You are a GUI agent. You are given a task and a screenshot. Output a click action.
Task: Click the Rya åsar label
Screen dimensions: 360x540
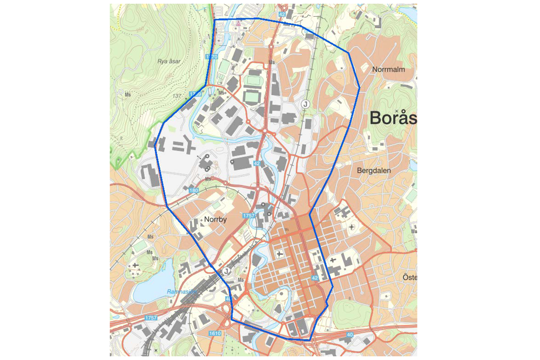tap(168, 61)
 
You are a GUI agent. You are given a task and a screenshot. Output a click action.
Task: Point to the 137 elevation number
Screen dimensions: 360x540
tap(176, 96)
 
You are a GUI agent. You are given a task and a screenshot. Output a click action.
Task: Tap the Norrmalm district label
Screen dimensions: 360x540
tap(388, 70)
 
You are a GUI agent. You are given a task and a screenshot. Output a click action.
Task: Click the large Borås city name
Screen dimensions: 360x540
tap(393, 118)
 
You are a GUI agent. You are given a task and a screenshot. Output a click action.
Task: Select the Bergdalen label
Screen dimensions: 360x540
tap(374, 171)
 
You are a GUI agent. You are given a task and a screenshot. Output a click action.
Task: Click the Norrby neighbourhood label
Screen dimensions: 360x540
tap(215, 220)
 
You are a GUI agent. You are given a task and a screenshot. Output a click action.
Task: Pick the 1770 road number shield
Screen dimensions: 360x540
tap(211, 57)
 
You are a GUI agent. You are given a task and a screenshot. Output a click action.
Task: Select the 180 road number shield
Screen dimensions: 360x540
tap(194, 191)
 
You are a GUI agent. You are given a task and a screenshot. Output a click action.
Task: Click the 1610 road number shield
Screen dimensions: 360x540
tap(215, 334)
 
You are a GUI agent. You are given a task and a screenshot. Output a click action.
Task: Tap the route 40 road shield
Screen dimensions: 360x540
tap(349, 335)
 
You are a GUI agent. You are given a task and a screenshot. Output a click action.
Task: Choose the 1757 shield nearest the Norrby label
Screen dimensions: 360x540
tap(248, 216)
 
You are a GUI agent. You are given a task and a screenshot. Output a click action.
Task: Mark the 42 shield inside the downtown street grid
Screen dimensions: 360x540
tap(315, 277)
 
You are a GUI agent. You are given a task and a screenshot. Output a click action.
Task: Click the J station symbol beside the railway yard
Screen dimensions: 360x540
tap(226, 271)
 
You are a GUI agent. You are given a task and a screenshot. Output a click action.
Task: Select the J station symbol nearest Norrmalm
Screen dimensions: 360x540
tap(305, 104)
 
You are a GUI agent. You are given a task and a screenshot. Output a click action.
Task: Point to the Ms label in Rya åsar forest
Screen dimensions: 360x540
tap(128, 94)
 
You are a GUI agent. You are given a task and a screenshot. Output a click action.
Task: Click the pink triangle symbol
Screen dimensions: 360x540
tap(237, 23)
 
